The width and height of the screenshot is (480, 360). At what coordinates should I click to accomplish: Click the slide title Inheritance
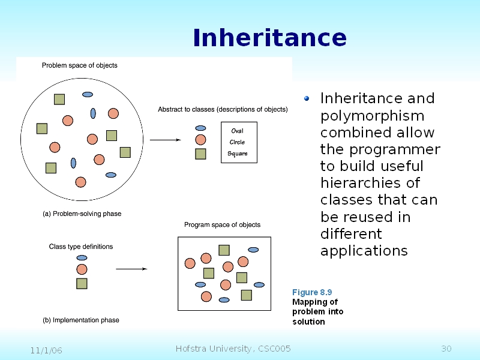tap(269, 38)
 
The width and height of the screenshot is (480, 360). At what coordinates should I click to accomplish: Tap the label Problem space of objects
tap(79, 65)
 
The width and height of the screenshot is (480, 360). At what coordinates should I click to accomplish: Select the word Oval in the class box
tap(237, 131)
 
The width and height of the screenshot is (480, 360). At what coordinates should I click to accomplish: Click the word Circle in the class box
tap(237, 142)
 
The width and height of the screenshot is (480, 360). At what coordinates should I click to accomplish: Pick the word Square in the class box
tap(237, 154)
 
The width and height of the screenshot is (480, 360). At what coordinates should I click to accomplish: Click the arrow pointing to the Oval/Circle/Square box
tap(165, 140)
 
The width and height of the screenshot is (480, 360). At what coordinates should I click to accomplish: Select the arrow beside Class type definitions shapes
tap(131, 269)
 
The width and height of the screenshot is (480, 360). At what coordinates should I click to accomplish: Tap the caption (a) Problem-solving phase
tap(82, 214)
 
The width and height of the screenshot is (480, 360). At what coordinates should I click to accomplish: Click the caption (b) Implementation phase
tap(80, 320)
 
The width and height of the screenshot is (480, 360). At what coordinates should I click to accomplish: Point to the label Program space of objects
tap(222, 225)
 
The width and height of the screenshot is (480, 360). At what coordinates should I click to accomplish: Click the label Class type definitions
tap(80, 247)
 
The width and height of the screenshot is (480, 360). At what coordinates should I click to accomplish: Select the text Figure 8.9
tap(312, 292)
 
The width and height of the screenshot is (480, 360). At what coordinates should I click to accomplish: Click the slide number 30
tap(446, 349)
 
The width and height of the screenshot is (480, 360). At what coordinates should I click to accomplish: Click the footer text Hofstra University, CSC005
tap(233, 349)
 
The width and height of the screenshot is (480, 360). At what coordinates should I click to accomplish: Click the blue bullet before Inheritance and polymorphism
tap(307, 98)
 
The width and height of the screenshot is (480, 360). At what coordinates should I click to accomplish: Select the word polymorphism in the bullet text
tap(372, 116)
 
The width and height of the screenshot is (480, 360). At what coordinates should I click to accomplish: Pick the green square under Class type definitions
tap(82, 283)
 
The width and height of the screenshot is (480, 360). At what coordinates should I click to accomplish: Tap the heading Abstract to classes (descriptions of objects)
tap(223, 110)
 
